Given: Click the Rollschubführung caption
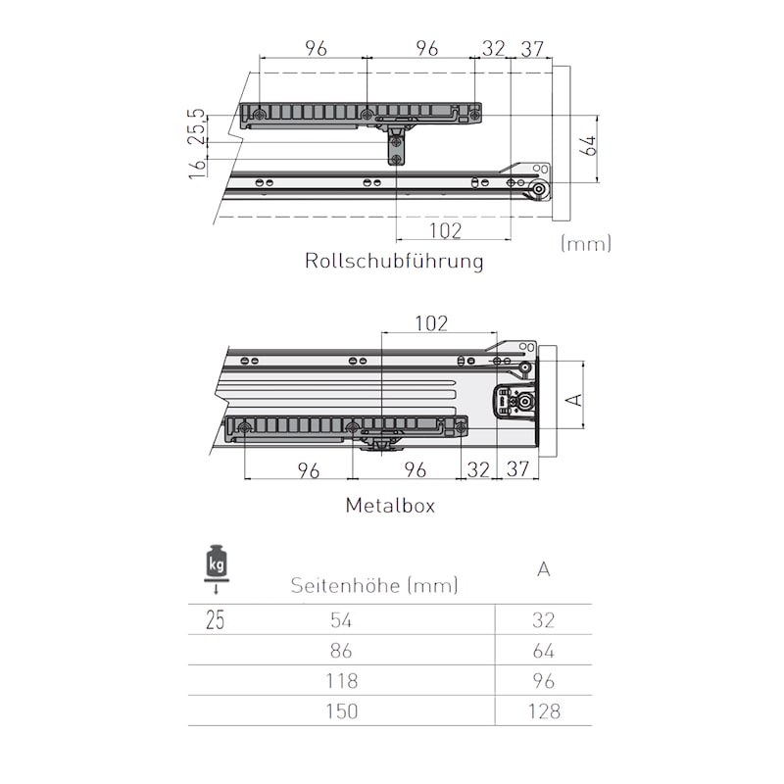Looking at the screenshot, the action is coord(394,261).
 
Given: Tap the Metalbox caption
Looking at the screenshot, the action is coord(390,506).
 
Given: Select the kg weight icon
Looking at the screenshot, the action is coord(216,568).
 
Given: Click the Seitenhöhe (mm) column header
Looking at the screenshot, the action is coord(374,585).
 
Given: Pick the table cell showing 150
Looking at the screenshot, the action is coord(341,711).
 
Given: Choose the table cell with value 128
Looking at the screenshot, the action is coord(544,711).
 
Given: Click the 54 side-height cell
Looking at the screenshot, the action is coord(341,620).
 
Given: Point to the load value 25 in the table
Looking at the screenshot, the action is coord(215,620).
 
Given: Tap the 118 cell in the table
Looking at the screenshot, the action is coord(341,681).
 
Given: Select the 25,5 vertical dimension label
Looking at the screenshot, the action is coord(198,127).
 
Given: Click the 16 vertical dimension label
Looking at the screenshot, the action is coord(198,168).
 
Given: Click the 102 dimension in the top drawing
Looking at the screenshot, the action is coord(445,231).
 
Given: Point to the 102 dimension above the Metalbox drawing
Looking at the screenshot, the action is coord(431,323).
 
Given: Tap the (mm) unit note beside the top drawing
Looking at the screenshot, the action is coord(585,244).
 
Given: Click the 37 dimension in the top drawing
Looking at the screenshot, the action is coord(532,49).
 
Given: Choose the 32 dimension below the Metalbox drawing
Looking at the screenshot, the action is coord(478,470).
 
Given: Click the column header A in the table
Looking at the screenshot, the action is coord(544,569).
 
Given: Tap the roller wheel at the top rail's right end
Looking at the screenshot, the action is coord(540,190).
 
